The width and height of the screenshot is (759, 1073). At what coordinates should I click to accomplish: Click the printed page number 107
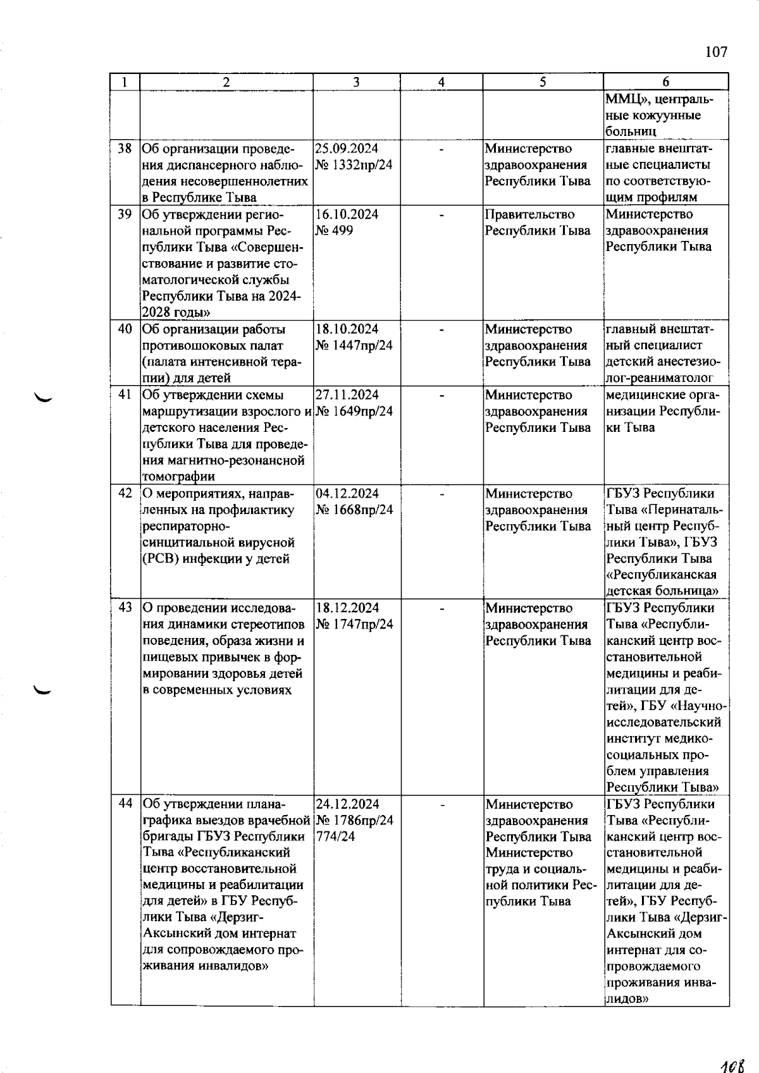pos(716,52)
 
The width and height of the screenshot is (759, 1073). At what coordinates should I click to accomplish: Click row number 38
pos(125,149)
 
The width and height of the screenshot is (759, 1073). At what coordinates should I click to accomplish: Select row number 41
pos(125,395)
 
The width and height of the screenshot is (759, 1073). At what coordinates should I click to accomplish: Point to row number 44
pos(125,804)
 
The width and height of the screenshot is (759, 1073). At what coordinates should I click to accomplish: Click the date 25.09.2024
pos(347,149)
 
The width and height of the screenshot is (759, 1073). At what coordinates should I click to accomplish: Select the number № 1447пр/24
pos(354,345)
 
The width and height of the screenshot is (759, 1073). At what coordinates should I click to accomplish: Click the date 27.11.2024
pos(347,395)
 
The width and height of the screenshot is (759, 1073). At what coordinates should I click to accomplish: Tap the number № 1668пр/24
pos(354,510)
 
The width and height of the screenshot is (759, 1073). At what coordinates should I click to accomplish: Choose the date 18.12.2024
pos(347,608)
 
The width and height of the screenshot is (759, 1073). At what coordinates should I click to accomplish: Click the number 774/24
pos(335,837)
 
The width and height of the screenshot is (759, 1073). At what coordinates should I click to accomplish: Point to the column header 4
pos(441,82)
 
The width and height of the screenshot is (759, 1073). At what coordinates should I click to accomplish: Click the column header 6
pos(665,82)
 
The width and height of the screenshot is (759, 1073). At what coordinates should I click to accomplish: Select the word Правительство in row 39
pos(529,214)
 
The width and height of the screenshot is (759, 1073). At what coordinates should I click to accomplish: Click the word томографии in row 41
pos(178,477)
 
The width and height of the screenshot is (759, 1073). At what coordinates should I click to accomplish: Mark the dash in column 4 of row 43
pos(442,609)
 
